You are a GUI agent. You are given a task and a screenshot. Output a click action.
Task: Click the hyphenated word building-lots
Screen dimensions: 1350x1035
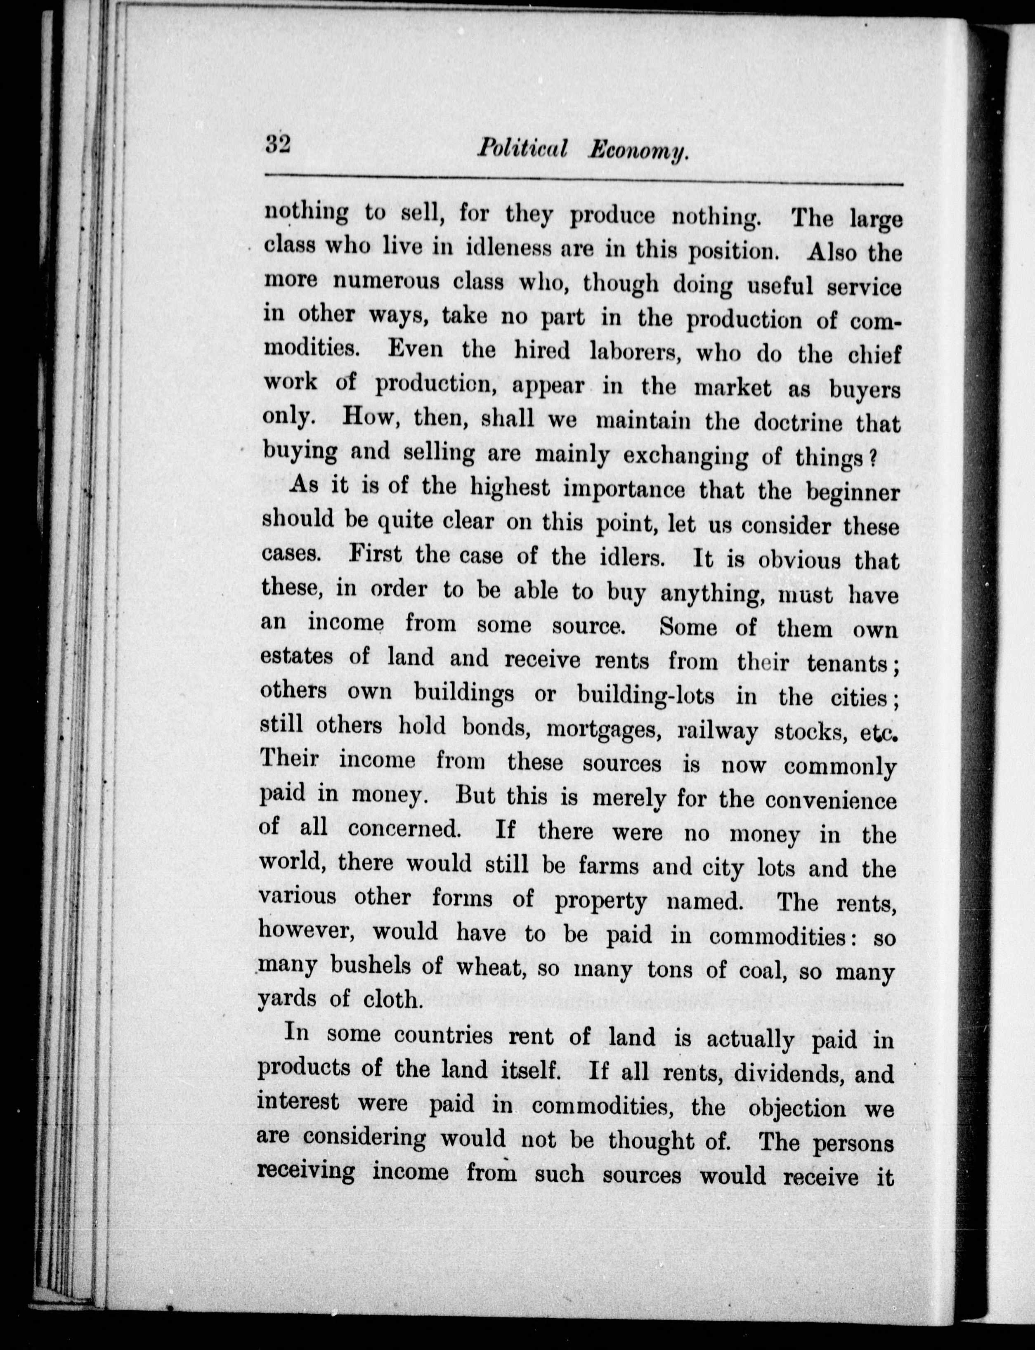tap(646, 694)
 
